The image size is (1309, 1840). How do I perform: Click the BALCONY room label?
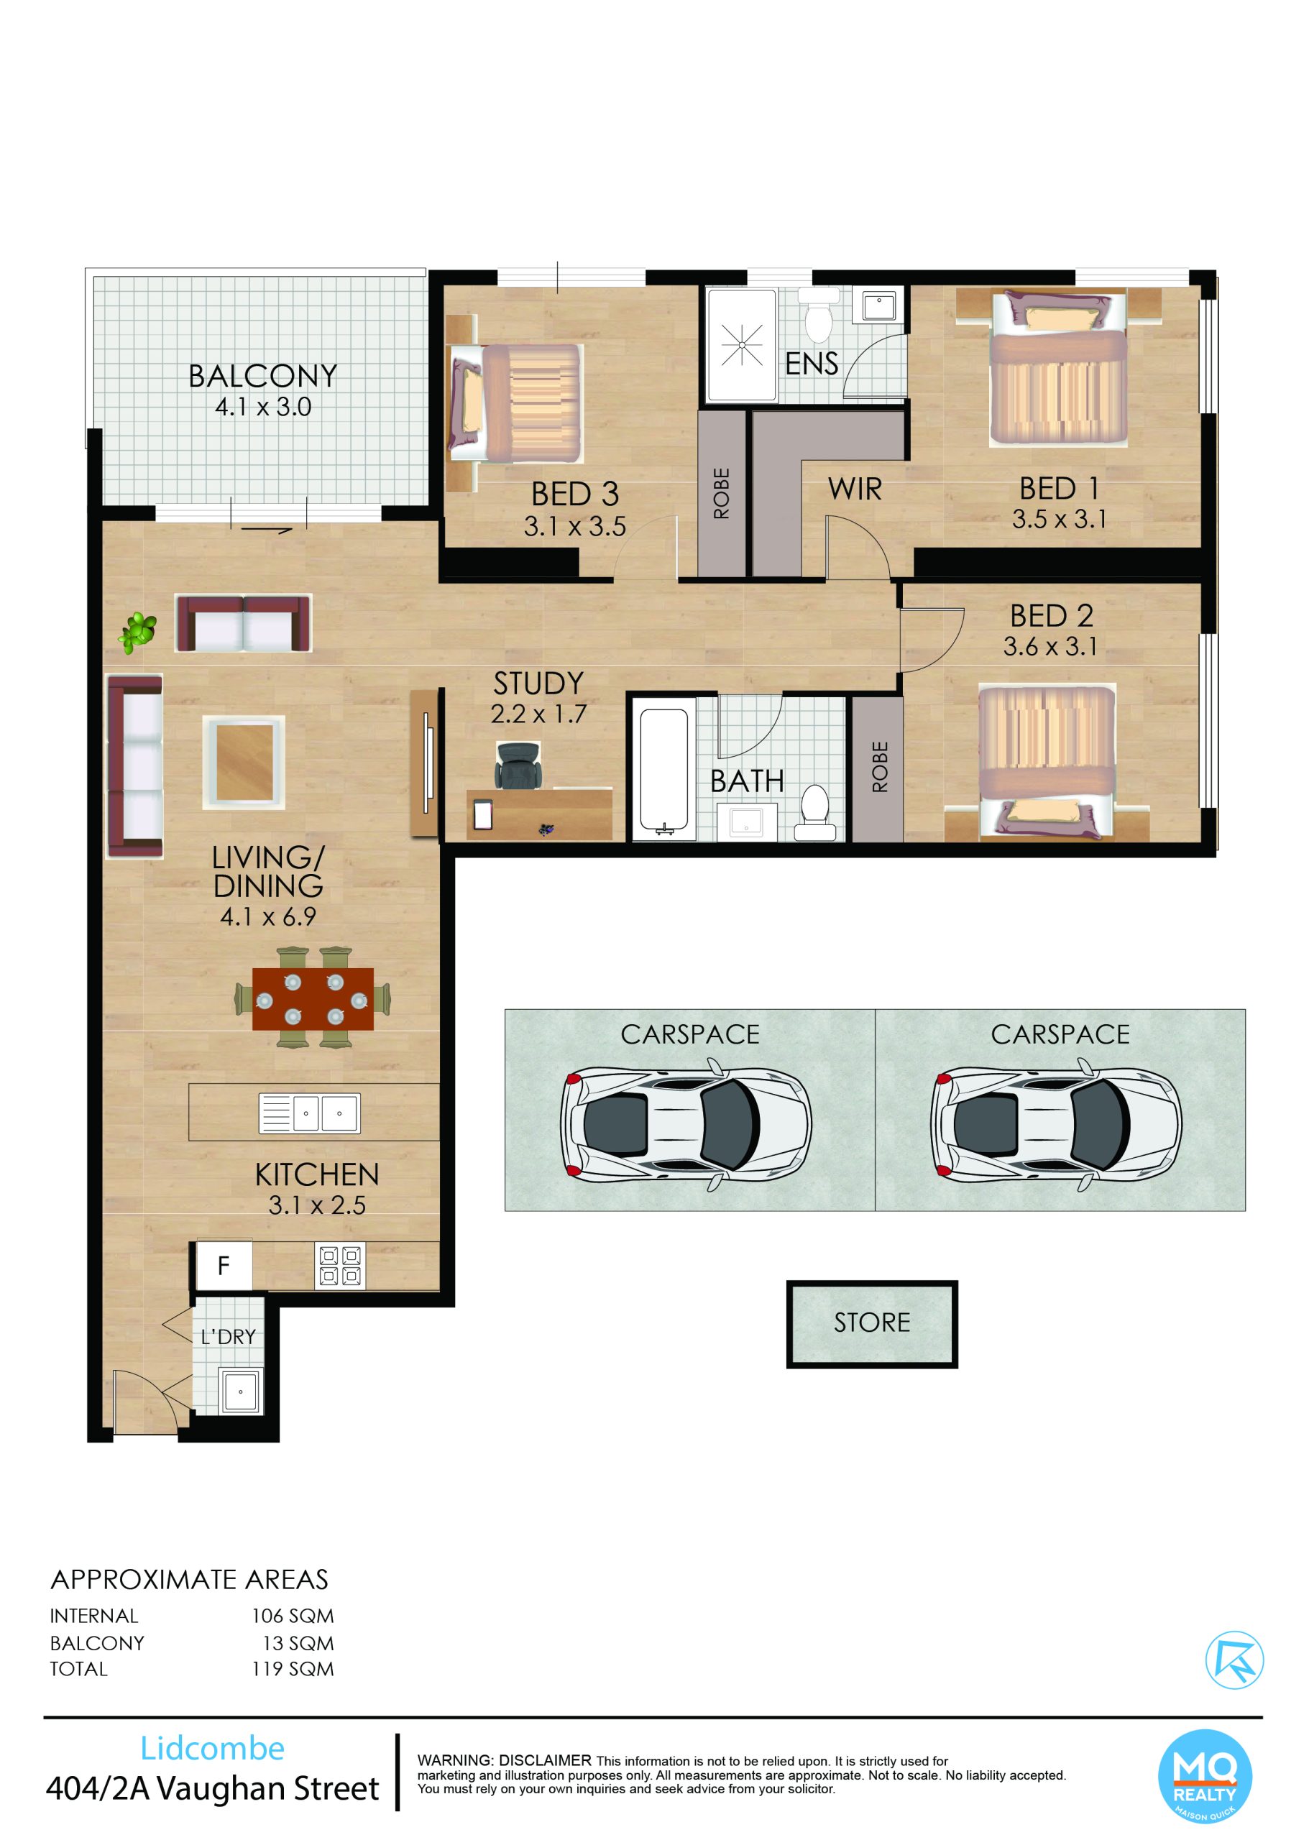point(263,377)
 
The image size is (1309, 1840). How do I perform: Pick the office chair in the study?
point(518,765)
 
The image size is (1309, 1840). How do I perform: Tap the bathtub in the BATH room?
point(664,770)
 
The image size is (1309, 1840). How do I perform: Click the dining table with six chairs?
point(313,999)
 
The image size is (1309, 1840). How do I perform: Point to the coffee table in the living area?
point(244,762)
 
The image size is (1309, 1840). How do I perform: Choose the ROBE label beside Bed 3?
point(722,493)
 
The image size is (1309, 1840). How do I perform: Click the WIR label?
point(855,489)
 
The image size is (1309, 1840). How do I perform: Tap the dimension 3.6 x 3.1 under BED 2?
point(1050,646)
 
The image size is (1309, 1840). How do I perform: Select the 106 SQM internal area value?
point(293,1616)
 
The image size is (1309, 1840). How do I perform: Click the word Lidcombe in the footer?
point(213,1748)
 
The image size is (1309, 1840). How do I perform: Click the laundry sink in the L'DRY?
point(241,1389)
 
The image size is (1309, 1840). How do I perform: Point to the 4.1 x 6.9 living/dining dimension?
point(267,916)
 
